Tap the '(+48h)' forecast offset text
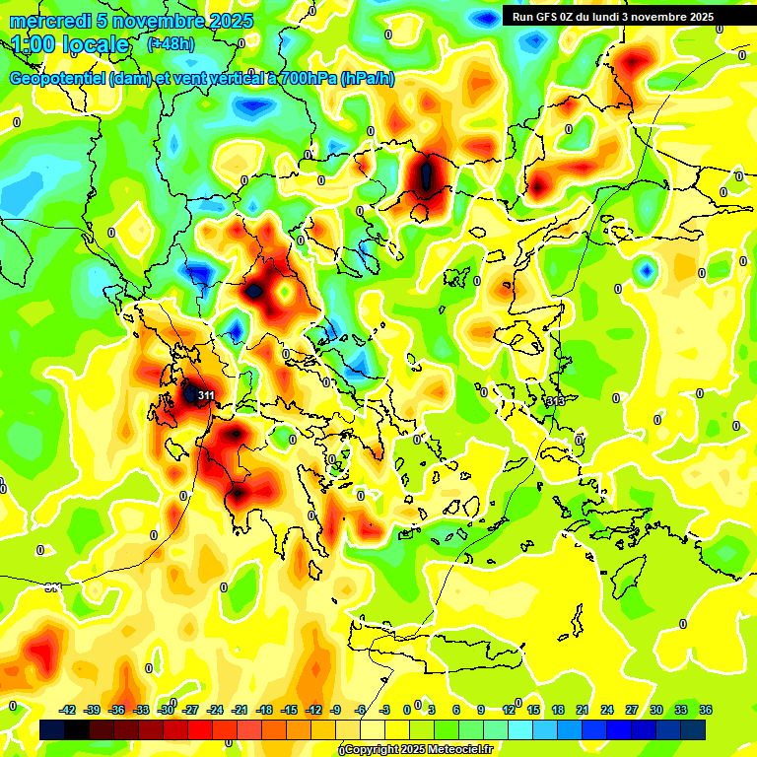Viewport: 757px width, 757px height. [171, 44]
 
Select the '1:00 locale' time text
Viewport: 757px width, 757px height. [71, 45]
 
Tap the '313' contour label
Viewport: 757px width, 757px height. [556, 401]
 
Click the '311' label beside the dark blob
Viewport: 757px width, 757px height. [206, 395]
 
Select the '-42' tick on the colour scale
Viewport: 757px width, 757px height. [68, 710]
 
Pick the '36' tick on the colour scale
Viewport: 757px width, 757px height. [705, 710]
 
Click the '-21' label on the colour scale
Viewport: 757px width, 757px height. [240, 710]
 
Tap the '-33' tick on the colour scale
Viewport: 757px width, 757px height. [142, 710]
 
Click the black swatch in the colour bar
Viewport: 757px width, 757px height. [78, 729]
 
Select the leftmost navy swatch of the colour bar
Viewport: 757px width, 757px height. [53, 729]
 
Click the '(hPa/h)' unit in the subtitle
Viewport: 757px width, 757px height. [367, 79]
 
